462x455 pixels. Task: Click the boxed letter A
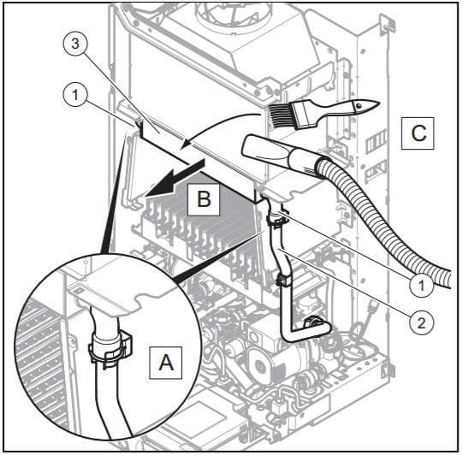click(x=166, y=363)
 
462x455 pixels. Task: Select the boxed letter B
click(x=204, y=199)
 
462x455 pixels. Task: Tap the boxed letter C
click(x=418, y=133)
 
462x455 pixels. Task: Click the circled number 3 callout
click(x=75, y=44)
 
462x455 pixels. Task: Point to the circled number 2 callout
click(x=421, y=323)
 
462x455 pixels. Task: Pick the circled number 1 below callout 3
click(x=75, y=95)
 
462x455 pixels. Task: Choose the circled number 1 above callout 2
click(x=421, y=285)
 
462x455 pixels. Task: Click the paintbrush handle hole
click(x=358, y=105)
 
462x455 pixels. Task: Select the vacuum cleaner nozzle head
click(x=267, y=150)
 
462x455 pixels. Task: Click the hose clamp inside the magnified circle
click(x=110, y=349)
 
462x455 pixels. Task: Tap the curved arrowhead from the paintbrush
click(x=187, y=144)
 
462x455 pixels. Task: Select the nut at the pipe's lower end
click(x=312, y=322)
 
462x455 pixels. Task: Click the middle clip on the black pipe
click(x=283, y=281)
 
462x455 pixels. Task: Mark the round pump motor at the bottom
click(x=264, y=363)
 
